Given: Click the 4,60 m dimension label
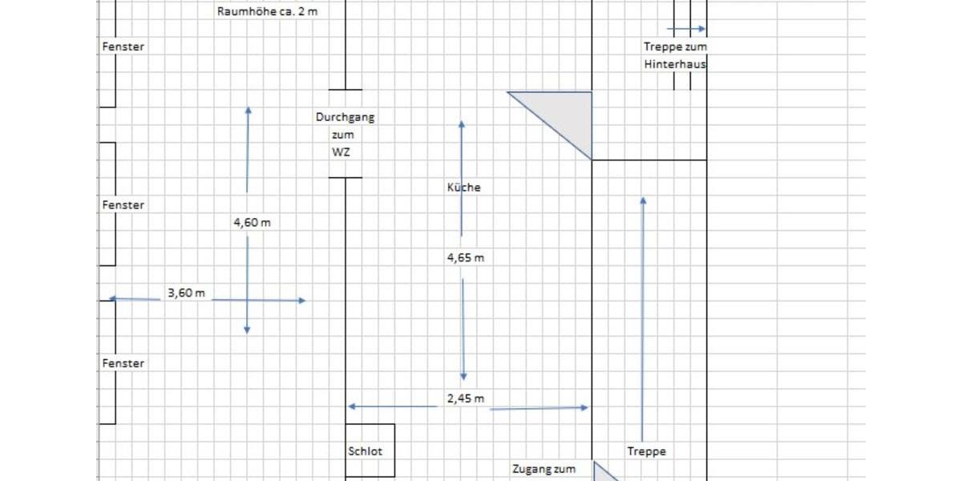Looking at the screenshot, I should pyautogui.click(x=252, y=223).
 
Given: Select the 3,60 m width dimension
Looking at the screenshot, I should pyautogui.click(x=186, y=293).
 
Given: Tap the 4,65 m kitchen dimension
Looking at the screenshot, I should pyautogui.click(x=466, y=258).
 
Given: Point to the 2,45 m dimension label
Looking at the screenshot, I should pyautogui.click(x=466, y=398).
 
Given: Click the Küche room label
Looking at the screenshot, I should pyautogui.click(x=464, y=188).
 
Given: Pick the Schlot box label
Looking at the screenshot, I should pyautogui.click(x=366, y=451).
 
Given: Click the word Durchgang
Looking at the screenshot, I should pyautogui.click(x=345, y=117).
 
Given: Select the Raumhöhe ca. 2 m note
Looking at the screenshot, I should pyautogui.click(x=267, y=12).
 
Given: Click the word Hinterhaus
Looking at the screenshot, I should pyautogui.click(x=675, y=64).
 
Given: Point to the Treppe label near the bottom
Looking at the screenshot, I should pyautogui.click(x=647, y=451).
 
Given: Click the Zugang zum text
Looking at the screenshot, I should pyautogui.click(x=544, y=470).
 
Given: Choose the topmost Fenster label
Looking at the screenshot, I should pyautogui.click(x=123, y=46).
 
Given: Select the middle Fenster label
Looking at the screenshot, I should pyautogui.click(x=123, y=205).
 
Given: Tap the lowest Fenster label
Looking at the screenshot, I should pyautogui.click(x=123, y=364).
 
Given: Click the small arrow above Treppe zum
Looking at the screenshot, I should pyautogui.click(x=686, y=29).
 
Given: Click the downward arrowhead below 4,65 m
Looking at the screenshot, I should pyautogui.click(x=463, y=376).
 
